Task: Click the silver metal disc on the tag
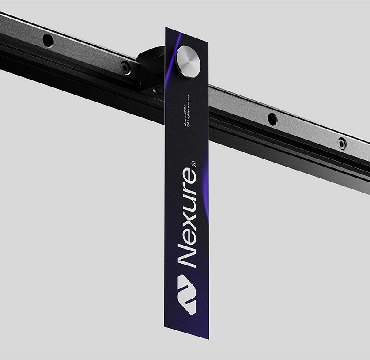tap(189, 61)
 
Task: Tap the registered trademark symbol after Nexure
tap(193, 164)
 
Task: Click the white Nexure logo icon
tap(187, 294)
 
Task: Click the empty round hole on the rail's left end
tap(48, 40)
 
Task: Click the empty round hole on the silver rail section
tap(272, 119)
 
